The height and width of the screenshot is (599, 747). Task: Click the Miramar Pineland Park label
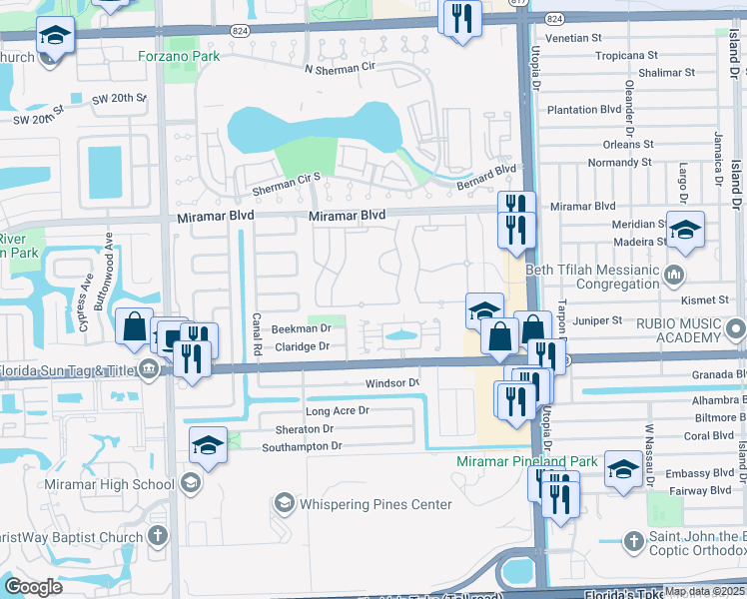tap(526, 461)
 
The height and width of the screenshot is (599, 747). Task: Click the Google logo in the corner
tap(33, 587)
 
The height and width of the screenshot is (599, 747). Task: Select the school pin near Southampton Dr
tap(208, 445)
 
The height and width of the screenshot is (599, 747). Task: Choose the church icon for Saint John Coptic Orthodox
tap(632, 541)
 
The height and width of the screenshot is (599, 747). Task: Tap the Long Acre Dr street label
tap(337, 410)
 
